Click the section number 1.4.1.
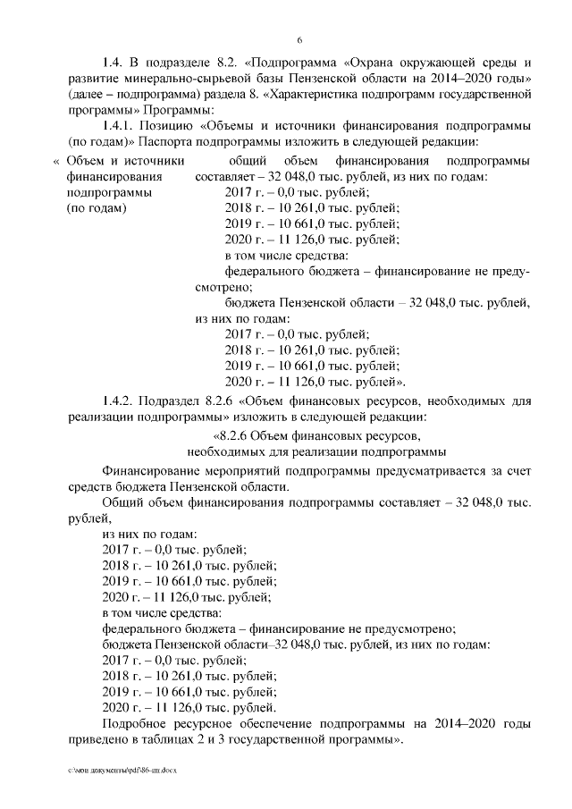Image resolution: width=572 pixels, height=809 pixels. (x=120, y=126)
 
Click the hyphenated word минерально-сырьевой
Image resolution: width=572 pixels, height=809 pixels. (x=181, y=78)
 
